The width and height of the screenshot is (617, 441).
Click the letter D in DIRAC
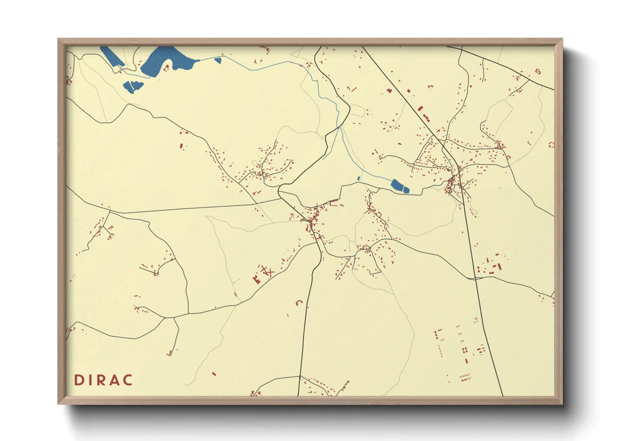click(x=78, y=380)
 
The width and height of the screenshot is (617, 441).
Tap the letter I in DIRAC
click(x=90, y=380)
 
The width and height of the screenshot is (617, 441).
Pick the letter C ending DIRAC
click(x=128, y=380)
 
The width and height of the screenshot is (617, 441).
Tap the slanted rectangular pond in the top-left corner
click(x=112, y=57)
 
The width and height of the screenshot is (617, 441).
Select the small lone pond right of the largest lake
click(x=217, y=60)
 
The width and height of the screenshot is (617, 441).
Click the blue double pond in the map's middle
click(x=400, y=186)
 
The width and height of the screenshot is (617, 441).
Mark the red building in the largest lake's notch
click(x=166, y=69)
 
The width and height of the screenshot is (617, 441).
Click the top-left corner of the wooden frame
click(x=58, y=39)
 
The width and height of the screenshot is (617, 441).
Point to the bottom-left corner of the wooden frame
click(x=58, y=403)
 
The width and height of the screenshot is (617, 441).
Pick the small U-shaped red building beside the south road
click(x=298, y=302)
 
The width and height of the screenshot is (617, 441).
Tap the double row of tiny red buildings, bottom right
click(x=465, y=377)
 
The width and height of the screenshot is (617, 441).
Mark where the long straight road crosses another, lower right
click(x=475, y=278)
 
